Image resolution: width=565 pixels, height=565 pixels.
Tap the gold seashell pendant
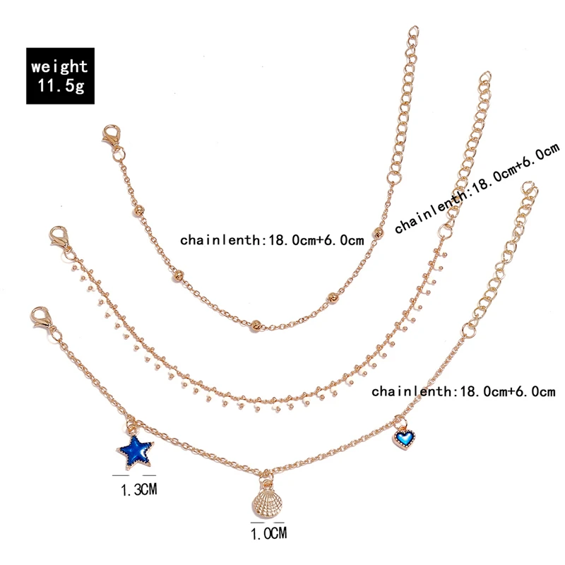pyautogui.click(x=264, y=503)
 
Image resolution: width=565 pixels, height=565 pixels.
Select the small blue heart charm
pyautogui.click(x=403, y=440)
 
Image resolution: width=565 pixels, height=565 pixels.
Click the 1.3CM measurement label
pyautogui.click(x=137, y=489)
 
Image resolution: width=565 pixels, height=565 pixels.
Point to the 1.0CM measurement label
pyautogui.click(x=269, y=534)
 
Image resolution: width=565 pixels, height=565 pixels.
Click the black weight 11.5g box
pyautogui.click(x=60, y=76)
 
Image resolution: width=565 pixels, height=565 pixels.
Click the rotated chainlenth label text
pyautogui.click(x=477, y=188)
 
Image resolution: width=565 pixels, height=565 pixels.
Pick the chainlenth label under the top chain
pyautogui.click(x=272, y=240)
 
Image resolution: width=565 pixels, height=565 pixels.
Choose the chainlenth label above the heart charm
pyautogui.click(x=463, y=391)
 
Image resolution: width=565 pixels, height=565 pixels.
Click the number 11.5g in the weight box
pyautogui.click(x=60, y=86)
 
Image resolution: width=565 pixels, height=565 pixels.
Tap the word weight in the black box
pyautogui.click(x=60, y=66)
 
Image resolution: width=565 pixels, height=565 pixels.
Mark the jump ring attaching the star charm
pyautogui.click(x=132, y=427)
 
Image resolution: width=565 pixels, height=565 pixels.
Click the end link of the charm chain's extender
pyautogui.click(x=529, y=189)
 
